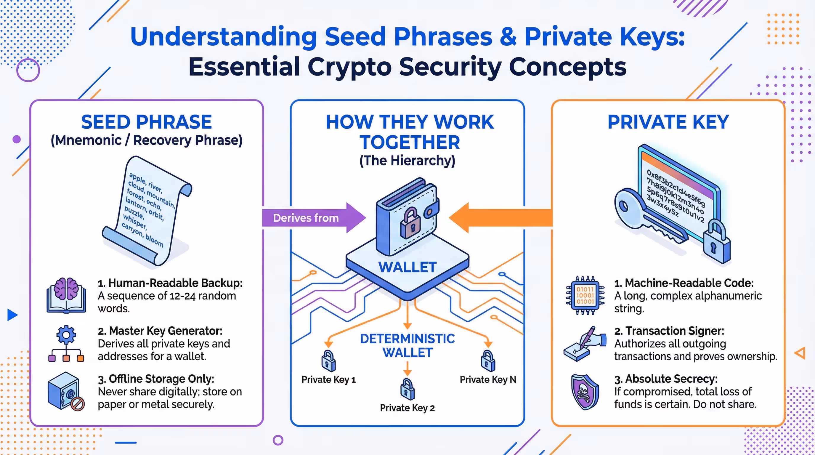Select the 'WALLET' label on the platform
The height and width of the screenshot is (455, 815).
[407, 267]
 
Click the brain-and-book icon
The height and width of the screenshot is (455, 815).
[66, 295]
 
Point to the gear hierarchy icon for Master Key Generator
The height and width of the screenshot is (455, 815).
[66, 343]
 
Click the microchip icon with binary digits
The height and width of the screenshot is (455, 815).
[585, 295]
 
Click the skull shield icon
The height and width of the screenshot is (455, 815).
[585, 392]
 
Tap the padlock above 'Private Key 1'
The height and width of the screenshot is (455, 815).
[328, 361]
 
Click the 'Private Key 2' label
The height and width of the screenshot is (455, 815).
[407, 408]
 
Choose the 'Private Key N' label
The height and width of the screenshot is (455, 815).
[487, 379]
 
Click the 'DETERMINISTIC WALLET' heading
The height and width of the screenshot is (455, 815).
[407, 345]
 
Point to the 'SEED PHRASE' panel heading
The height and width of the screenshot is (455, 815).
[147, 122]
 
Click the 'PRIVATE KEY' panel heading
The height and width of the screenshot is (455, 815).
[668, 122]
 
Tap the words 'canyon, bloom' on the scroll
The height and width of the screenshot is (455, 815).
[143, 235]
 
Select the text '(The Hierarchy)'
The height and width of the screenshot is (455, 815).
[407, 161]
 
